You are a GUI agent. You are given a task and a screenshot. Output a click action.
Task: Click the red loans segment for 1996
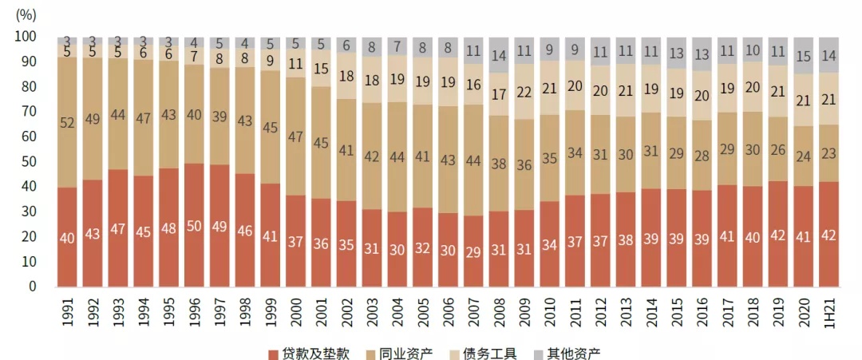(x=194, y=225)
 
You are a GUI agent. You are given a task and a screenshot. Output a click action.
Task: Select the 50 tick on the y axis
(x=29, y=161)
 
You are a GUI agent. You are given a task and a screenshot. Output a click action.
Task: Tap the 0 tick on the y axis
(x=32, y=286)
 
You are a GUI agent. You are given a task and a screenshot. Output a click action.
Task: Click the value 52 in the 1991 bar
(x=67, y=122)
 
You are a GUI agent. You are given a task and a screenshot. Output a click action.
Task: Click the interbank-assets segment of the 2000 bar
(x=295, y=136)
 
